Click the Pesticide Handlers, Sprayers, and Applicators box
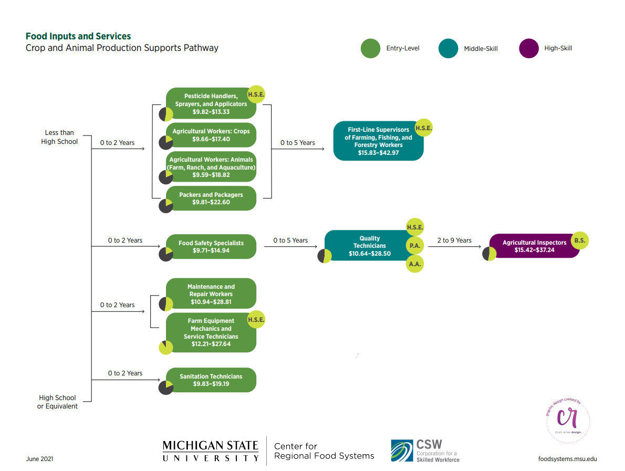[x=211, y=103]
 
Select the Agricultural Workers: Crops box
[x=211, y=135]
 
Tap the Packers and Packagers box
[x=211, y=198]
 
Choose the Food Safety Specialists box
[x=211, y=247]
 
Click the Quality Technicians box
[x=370, y=245]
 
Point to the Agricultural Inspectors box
[x=534, y=246]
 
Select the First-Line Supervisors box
[x=378, y=141]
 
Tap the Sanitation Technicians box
[x=211, y=380]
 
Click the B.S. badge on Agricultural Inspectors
[x=579, y=240]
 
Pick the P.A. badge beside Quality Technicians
[x=414, y=245]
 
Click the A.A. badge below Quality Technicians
[x=414, y=264]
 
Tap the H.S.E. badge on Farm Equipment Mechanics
[x=256, y=320]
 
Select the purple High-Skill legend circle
[x=529, y=48]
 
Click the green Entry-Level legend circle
[x=370, y=48]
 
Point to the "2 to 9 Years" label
[x=454, y=240]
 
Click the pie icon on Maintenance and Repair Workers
[x=166, y=304]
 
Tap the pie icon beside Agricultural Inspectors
[x=489, y=254]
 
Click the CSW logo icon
[x=402, y=451]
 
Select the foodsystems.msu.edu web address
[x=567, y=458]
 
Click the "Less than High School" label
[x=59, y=137]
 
